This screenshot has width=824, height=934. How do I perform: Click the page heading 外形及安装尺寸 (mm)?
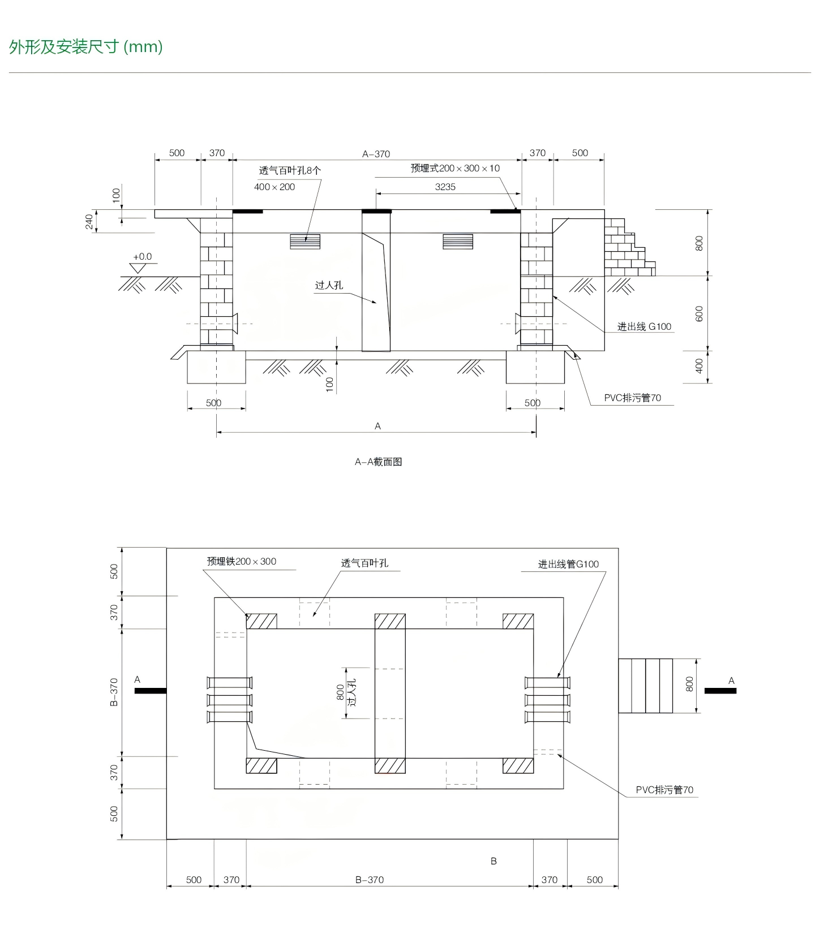86,46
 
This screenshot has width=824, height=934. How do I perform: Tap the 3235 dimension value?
445,187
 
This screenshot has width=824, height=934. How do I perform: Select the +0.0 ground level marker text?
142,257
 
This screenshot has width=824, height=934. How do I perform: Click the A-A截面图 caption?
378,462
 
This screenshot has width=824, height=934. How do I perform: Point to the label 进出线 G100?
644,326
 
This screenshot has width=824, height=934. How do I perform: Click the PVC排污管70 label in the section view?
632,398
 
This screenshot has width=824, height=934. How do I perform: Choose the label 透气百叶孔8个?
290,170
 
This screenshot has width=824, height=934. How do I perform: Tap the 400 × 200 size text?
274,187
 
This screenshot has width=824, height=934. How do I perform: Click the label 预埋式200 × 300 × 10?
455,168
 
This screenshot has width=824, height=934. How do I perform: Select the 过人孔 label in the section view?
329,285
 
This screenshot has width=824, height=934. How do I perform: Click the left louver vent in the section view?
305,242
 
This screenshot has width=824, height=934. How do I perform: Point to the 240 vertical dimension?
89,222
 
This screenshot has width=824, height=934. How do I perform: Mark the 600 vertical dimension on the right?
699,314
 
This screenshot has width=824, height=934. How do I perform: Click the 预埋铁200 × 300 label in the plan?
242,561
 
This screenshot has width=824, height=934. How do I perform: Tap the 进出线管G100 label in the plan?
568,564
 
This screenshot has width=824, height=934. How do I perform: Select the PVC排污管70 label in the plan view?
664,790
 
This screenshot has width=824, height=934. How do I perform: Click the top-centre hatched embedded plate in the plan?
390,621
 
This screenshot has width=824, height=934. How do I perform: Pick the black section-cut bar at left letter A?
151,691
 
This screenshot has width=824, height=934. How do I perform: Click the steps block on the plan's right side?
645,686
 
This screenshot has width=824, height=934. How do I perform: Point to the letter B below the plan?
493,861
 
